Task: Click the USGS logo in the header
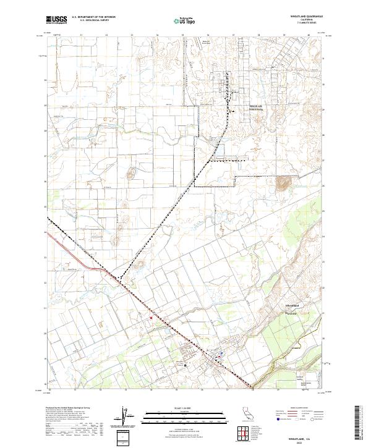(x=57, y=20)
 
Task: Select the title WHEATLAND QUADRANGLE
(x=307, y=17)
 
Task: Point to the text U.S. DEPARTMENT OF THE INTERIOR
(x=93, y=17)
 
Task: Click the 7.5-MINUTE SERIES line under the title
(x=307, y=23)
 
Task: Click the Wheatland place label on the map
(x=290, y=306)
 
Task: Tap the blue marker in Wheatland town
(x=221, y=354)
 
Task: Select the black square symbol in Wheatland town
(x=185, y=365)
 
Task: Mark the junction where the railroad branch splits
(x=121, y=279)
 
